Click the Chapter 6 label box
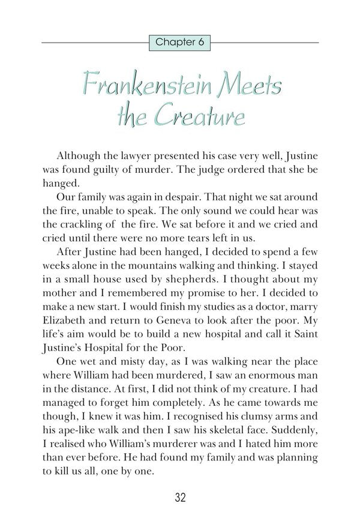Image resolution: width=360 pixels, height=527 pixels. (180, 42)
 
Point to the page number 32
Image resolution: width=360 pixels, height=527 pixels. (180, 498)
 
